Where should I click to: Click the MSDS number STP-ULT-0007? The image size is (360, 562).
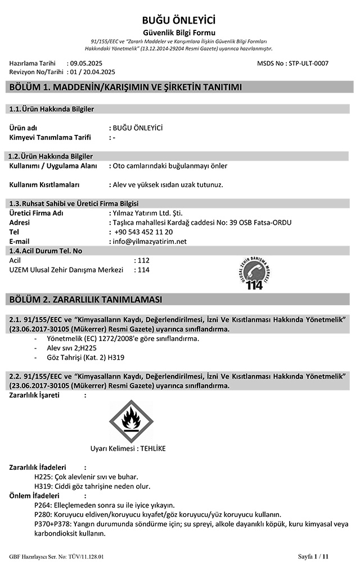(x=307, y=64)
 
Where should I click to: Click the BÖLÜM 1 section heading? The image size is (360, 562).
(x=125, y=87)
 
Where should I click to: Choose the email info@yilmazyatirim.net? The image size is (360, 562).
(x=150, y=241)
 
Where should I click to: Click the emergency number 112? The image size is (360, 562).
(x=143, y=261)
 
